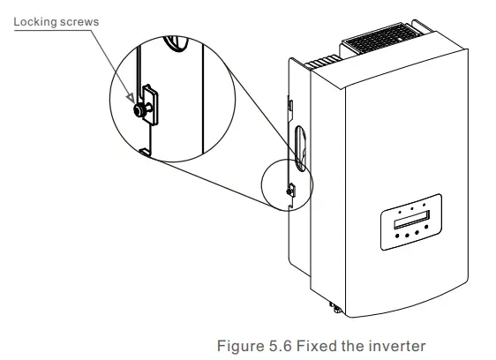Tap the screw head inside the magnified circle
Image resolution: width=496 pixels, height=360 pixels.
(139, 112)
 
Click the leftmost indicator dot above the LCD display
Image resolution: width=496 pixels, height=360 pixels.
(398, 213)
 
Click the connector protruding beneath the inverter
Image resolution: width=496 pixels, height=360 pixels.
(334, 308)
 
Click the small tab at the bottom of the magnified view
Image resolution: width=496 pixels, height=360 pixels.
(144, 152)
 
